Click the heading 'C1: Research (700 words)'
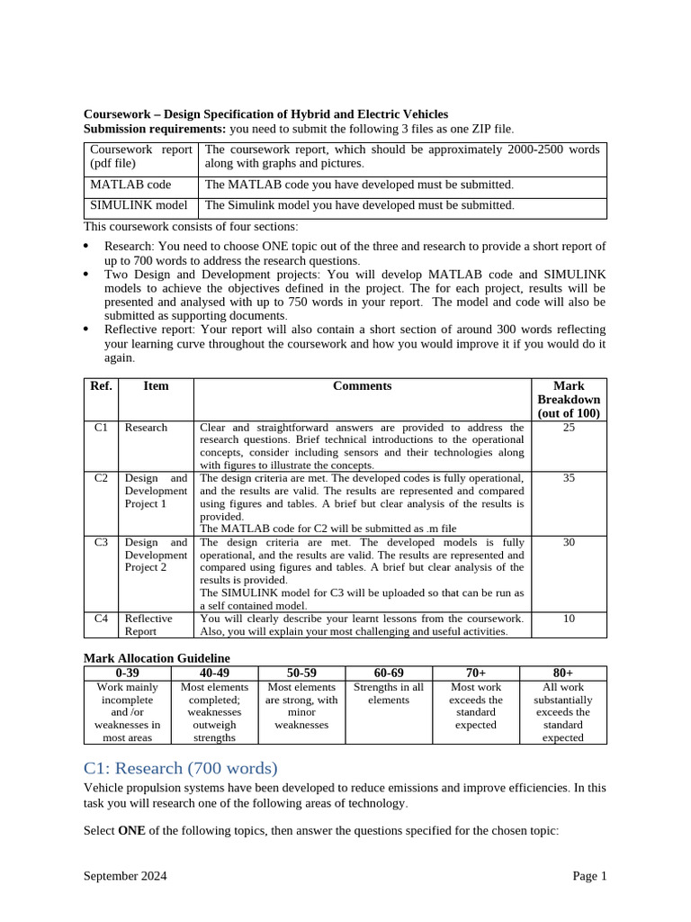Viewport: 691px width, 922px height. pyautogui.click(x=181, y=768)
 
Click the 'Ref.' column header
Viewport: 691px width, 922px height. pyautogui.click(x=101, y=385)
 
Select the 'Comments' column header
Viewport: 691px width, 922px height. pyautogui.click(x=362, y=385)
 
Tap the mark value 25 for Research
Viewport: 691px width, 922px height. pyautogui.click(x=569, y=428)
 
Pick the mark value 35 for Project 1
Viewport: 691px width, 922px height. pyautogui.click(x=569, y=478)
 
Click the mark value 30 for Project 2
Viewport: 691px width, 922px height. pyautogui.click(x=569, y=543)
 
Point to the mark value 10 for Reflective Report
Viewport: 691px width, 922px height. pyautogui.click(x=569, y=619)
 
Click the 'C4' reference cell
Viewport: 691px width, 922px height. pyautogui.click(x=101, y=619)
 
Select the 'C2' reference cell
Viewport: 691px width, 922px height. pyautogui.click(x=101, y=478)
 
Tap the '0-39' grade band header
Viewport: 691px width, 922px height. pyautogui.click(x=127, y=673)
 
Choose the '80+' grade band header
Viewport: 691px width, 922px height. pyautogui.click(x=563, y=673)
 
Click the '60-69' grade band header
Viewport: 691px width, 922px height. pyautogui.click(x=389, y=673)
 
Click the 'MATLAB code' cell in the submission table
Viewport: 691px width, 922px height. pyautogui.click(x=130, y=185)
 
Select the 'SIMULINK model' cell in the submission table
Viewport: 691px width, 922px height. pyautogui.click(x=139, y=205)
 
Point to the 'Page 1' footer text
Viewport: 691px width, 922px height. pyautogui.click(x=589, y=876)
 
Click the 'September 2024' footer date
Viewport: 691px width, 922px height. pyautogui.click(x=125, y=876)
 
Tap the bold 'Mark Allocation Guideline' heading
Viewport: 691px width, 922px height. pyautogui.click(x=157, y=658)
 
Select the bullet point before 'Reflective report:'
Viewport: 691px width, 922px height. pyautogui.click(x=86, y=330)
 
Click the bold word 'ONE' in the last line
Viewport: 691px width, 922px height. pyautogui.click(x=132, y=830)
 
